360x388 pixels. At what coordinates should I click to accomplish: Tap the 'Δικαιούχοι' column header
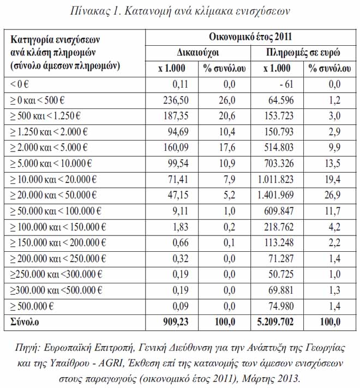click(x=199, y=53)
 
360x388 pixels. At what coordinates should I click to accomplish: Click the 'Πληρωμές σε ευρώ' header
click(x=304, y=53)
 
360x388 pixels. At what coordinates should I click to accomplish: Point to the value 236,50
click(x=176, y=100)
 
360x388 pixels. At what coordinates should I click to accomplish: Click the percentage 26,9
click(x=331, y=195)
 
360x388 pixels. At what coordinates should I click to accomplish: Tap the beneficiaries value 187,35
click(x=176, y=116)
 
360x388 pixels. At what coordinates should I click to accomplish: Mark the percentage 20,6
click(x=225, y=116)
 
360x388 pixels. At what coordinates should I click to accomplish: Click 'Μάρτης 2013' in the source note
click(x=269, y=378)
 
